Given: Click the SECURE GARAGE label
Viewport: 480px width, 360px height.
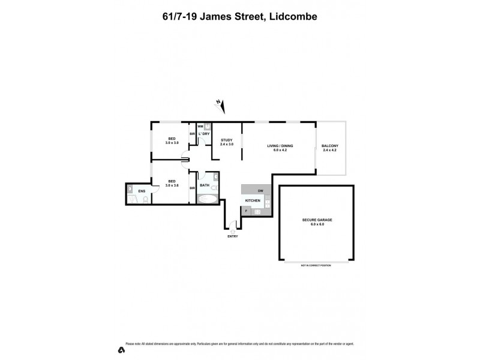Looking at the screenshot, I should pyautogui.click(x=317, y=220).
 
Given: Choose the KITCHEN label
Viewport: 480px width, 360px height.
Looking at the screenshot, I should pyautogui.click(x=253, y=200).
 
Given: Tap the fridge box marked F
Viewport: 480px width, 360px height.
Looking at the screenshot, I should pyautogui.click(x=246, y=211).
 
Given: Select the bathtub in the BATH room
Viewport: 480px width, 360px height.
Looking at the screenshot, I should pyautogui.click(x=208, y=197).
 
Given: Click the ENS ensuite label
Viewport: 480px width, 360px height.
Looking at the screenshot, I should pyautogui.click(x=142, y=191).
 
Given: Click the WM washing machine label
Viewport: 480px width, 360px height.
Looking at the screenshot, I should pyautogui.click(x=200, y=127).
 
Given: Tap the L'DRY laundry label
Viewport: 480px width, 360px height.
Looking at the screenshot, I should pyautogui.click(x=203, y=133).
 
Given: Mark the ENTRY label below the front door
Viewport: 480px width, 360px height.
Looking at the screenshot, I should pyautogui.click(x=233, y=236).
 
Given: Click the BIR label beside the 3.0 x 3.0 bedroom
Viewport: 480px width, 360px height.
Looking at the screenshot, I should pyautogui.click(x=193, y=133).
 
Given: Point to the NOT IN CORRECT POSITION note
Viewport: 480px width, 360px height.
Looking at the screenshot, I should pyautogui.click(x=316, y=265).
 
